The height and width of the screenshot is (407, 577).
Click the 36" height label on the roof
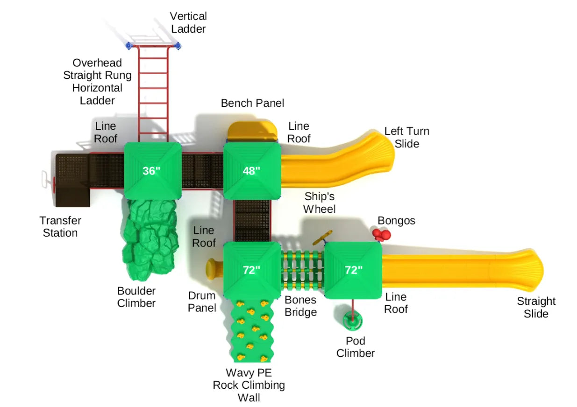pyautogui.click(x=151, y=171)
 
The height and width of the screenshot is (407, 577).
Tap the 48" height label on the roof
pyautogui.click(x=251, y=171)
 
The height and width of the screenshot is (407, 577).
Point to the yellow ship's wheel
pyautogui.click(x=322, y=237)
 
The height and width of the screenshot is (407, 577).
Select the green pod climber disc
pyautogui.click(x=352, y=321)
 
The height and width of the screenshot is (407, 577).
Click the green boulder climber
pyautogui.click(x=150, y=238)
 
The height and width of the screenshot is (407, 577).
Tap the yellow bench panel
pyautogui.click(x=252, y=130)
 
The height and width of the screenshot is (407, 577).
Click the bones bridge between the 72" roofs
pyautogui.click(x=302, y=270)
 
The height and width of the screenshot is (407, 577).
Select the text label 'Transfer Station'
pyautogui.click(x=60, y=226)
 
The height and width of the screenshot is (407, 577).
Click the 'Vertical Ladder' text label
pyautogui.click(x=188, y=22)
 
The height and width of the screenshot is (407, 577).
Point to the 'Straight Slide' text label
pyautogui.click(x=536, y=307)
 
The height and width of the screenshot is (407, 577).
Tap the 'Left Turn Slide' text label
pyautogui.click(x=406, y=137)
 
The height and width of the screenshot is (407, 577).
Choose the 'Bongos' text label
pyautogui.click(x=396, y=220)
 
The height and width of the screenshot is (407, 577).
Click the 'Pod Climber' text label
pyautogui.click(x=355, y=347)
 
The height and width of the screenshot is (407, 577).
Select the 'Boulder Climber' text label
pyautogui.click(x=136, y=297)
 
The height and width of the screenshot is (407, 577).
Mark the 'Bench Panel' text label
pyautogui.click(x=252, y=103)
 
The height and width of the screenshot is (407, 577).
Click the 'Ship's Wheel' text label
pyautogui.click(x=320, y=202)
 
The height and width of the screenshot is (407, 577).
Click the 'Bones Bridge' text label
pyautogui.click(x=300, y=306)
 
